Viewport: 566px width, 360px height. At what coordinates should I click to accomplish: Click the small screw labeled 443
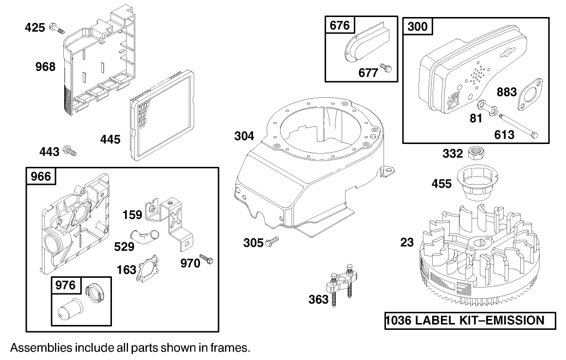pyautogui.click(x=71, y=152)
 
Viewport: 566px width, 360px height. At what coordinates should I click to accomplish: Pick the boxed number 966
pyautogui.click(x=41, y=176)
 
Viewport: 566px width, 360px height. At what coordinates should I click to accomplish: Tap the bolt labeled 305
pyautogui.click(x=272, y=241)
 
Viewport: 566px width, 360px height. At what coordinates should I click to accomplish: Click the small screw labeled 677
pyautogui.click(x=387, y=70)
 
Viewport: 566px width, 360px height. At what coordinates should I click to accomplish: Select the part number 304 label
pyautogui.click(x=244, y=136)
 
